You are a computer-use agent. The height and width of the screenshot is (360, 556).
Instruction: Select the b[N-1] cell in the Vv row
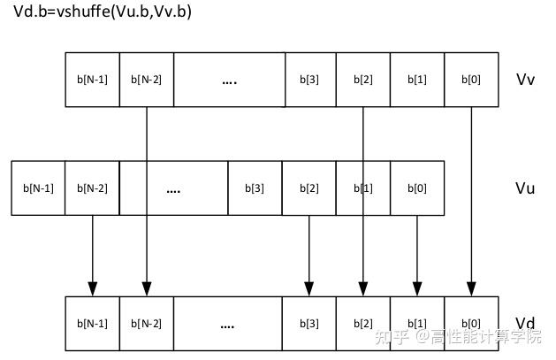coord(92,80)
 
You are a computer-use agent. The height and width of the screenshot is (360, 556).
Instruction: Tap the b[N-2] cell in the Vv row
coord(146,80)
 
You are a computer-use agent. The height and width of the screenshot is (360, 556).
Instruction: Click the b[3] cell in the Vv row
coord(310,80)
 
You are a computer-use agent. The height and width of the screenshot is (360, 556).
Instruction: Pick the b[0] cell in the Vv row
coord(471,80)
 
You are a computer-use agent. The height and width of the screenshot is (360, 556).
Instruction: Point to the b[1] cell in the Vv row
coord(416,80)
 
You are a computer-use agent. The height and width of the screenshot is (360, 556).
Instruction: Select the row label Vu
coord(525,188)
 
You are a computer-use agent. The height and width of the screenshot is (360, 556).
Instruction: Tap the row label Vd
coord(525,323)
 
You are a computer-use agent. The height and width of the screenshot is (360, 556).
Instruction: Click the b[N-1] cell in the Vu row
coord(38,188)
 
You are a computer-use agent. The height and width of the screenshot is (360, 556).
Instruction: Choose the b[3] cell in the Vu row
coord(254,188)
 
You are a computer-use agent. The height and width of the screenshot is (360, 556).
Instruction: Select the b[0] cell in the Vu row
coord(416,188)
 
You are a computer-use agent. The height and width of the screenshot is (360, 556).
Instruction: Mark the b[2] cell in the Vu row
coord(308,188)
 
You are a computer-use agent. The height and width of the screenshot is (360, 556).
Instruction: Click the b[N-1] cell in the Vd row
coord(92,324)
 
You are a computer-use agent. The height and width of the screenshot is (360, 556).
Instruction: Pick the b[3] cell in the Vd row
coord(308,324)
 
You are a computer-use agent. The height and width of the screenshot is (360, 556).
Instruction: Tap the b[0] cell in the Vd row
coord(471,324)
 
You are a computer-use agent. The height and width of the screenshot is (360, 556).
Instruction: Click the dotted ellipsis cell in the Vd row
coord(227,324)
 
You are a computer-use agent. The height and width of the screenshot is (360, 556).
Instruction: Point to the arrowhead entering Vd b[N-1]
coord(92,289)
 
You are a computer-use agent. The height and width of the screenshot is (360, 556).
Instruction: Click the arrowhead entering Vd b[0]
coord(471,289)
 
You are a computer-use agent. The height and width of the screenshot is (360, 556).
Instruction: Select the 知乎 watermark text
coord(390,337)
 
